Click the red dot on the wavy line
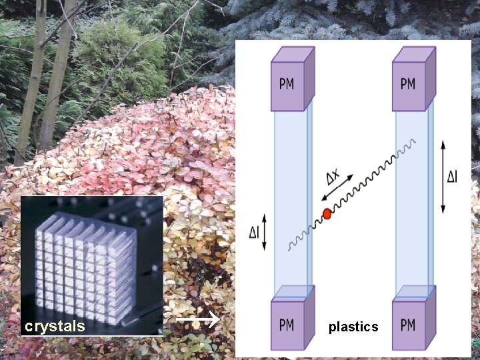(327, 213)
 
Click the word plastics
(353, 327)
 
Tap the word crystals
(55, 326)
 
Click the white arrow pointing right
(198, 321)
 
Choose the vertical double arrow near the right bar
(443, 177)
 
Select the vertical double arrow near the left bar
(265, 232)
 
